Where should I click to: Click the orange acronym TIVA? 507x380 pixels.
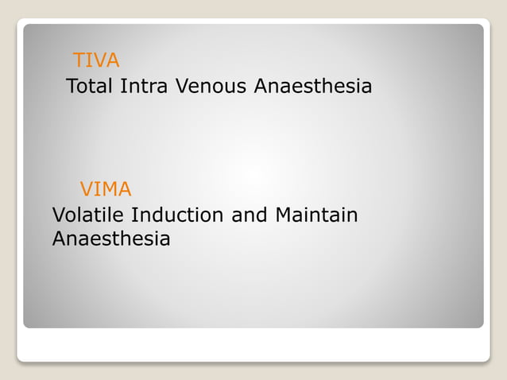(96, 60)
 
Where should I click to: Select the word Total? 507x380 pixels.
(89, 86)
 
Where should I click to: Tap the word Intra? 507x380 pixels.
(143, 86)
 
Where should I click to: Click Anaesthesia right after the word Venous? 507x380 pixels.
(312, 86)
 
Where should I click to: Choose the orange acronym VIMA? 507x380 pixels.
(106, 189)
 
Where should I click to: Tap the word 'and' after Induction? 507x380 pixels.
(250, 215)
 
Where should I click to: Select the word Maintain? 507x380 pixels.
(316, 215)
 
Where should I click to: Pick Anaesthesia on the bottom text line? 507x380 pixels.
(110, 238)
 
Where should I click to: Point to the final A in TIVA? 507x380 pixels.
(113, 60)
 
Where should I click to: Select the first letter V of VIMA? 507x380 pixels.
(87, 189)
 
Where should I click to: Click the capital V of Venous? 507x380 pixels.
(180, 86)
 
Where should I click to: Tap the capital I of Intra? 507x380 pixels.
(122, 86)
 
